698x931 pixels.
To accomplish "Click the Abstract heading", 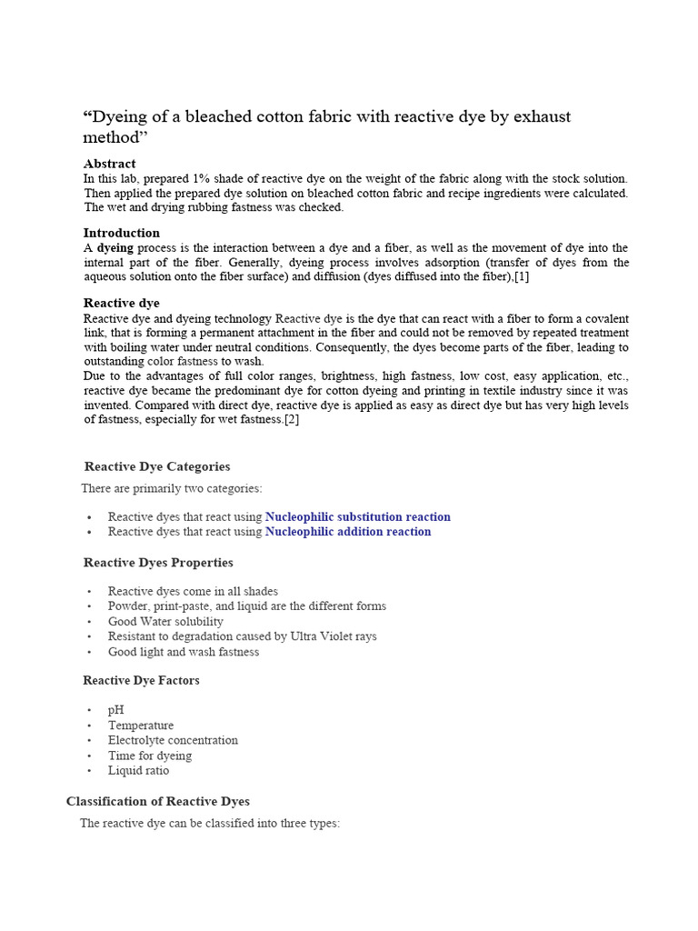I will click(109, 164).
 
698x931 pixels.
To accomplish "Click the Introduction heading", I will click(121, 233).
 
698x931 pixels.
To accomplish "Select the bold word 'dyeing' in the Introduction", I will click(115, 248).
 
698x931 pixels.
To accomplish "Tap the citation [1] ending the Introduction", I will click(522, 277).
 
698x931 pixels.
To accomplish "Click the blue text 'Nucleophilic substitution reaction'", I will click(357, 516).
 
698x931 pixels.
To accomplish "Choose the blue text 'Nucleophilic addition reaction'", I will click(348, 532).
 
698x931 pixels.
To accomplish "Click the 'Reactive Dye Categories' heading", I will click(156, 466).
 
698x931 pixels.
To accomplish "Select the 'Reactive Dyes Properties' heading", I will click(158, 563).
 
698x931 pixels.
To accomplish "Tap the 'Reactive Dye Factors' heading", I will click(141, 680).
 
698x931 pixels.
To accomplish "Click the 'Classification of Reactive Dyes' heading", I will click(157, 801).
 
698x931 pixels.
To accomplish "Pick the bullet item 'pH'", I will click(115, 710).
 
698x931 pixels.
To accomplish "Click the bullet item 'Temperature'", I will click(140, 726).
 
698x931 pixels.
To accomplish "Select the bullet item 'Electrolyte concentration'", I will click(173, 740).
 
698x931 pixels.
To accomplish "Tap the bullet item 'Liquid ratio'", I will click(138, 770).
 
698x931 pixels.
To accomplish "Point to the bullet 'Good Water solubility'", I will click(165, 622).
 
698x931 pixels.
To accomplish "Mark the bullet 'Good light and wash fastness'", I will click(183, 652).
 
